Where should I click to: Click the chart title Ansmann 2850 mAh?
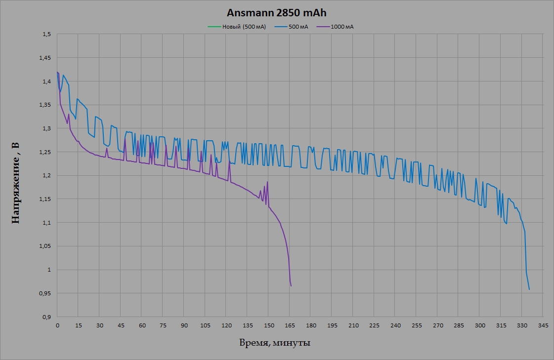pyautogui.click(x=277, y=13)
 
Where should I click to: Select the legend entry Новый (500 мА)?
pyautogui.click(x=237, y=27)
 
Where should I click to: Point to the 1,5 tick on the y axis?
pyautogui.click(x=47, y=35)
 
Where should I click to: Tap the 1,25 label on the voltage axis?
pyautogui.click(x=45, y=152)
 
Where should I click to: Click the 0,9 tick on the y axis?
pyautogui.click(x=47, y=317)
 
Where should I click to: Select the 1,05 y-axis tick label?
pyautogui.click(x=45, y=246)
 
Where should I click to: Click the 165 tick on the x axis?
pyautogui.click(x=290, y=326)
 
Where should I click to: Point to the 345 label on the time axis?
pyautogui.click(x=543, y=326)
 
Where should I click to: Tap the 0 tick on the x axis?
pyautogui.click(x=57, y=326)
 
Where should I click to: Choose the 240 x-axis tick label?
pyautogui.click(x=395, y=326)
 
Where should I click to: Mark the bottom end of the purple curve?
pyautogui.click(x=291, y=286)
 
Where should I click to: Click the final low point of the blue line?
pyautogui.click(x=529, y=289)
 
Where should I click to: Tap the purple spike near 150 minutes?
pyautogui.click(x=267, y=182)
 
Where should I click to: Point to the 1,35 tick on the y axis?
pyautogui.click(x=45, y=105)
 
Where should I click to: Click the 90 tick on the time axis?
pyautogui.click(x=184, y=326)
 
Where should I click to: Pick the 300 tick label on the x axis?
pyautogui.click(x=479, y=326)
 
